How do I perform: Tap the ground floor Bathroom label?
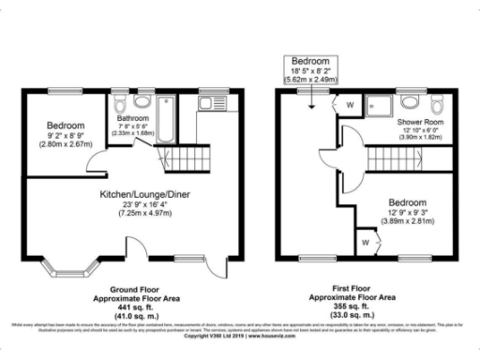(x=133, y=119)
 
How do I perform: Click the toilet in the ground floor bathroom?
(x=141, y=100)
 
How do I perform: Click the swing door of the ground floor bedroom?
(x=98, y=163)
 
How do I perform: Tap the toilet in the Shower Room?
(x=411, y=101)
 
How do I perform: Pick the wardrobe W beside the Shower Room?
(x=349, y=104)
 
